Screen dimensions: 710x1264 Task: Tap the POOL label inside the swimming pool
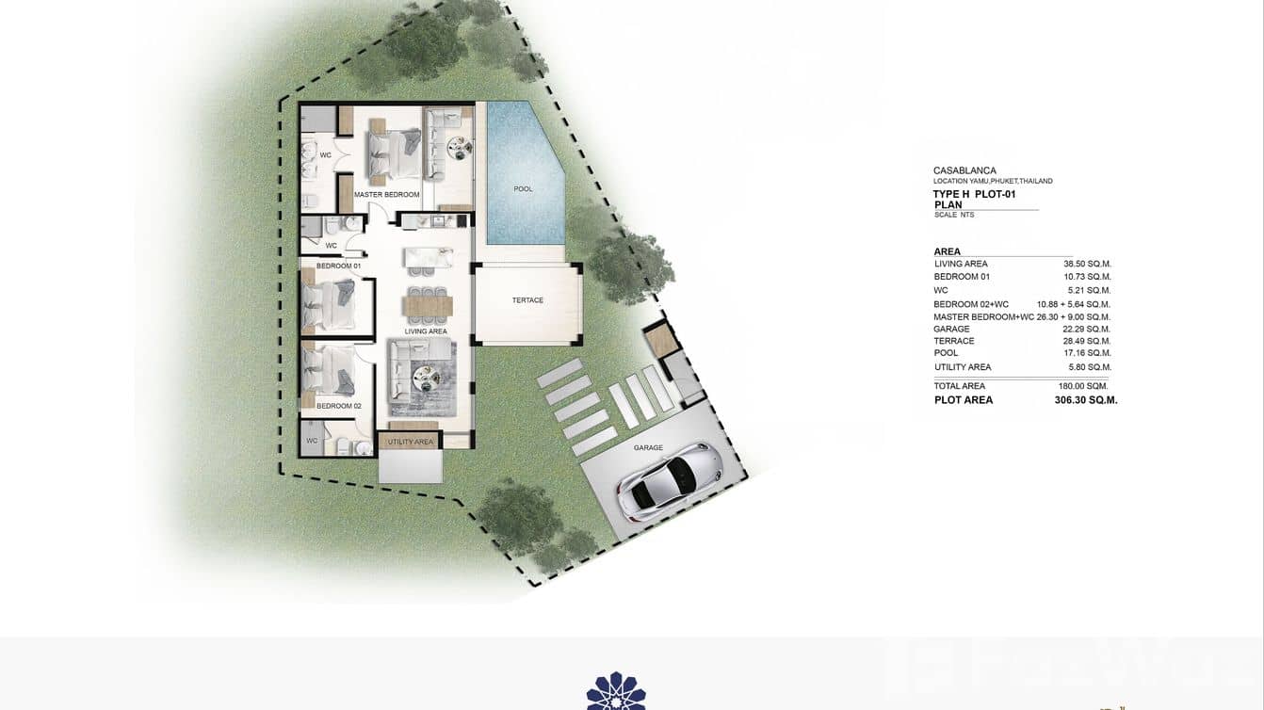(523, 189)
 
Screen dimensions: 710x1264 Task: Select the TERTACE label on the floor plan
(527, 300)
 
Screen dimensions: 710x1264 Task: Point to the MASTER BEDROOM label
(386, 195)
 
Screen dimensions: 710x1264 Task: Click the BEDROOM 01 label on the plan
(338, 266)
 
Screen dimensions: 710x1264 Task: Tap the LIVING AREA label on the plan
(426, 331)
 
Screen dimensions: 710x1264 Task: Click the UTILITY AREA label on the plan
(410, 442)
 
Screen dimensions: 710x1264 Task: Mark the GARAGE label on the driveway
(648, 448)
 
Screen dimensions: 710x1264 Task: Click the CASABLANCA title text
(964, 170)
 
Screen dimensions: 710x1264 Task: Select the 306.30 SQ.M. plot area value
(1086, 400)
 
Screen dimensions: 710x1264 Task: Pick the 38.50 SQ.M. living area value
(1087, 265)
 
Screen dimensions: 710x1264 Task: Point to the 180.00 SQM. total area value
(1083, 386)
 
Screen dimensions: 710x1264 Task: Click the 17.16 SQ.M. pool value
(1087, 353)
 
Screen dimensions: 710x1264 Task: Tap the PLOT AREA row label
(963, 400)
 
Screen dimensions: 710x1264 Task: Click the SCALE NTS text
(953, 215)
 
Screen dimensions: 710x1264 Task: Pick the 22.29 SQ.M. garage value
(1087, 330)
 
